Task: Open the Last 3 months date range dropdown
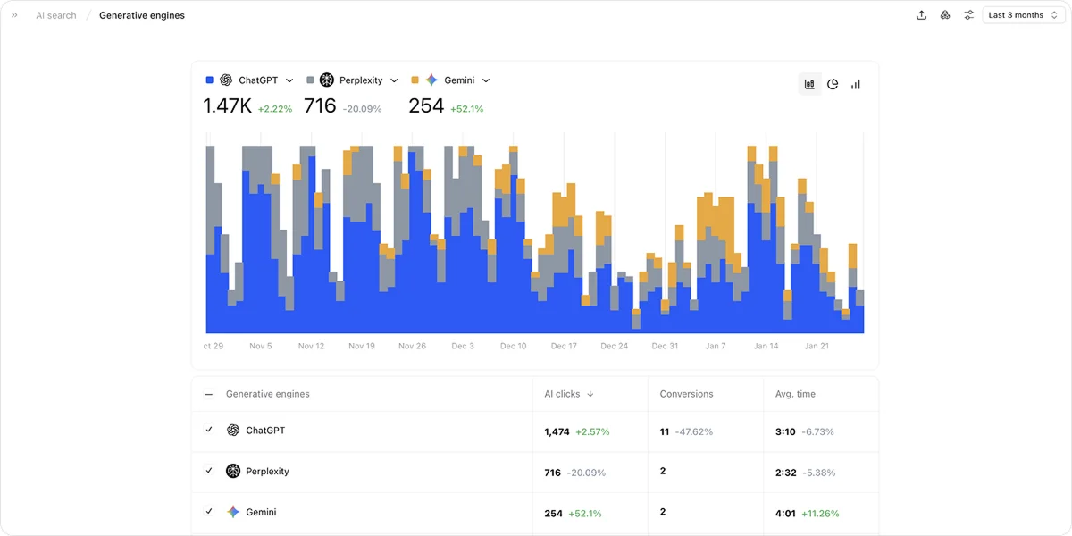1023,15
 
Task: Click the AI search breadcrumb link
56,15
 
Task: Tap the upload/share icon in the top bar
921,15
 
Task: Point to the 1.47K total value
227,105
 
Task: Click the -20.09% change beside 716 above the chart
363,109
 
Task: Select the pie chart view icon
833,84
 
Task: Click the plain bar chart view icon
856,84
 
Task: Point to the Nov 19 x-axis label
362,346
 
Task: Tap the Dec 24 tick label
614,346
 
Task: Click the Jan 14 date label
766,346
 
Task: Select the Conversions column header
686,394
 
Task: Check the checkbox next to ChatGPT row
209,430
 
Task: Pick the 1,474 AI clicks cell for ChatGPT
557,431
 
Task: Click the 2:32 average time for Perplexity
786,473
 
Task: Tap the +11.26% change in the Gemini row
820,514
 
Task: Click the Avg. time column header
795,394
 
